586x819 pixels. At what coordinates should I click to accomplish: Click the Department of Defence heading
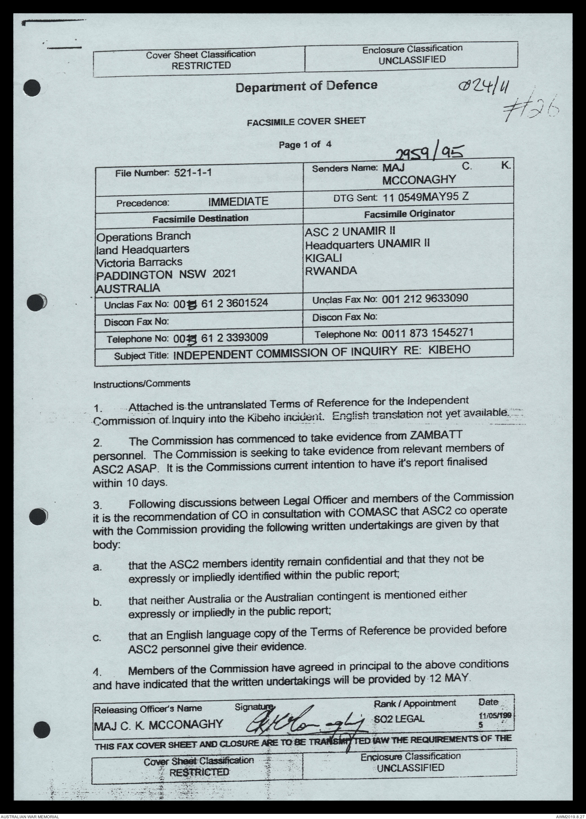[306, 86]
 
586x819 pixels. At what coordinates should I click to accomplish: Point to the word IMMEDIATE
[238, 201]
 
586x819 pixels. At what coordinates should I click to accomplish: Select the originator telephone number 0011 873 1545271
[427, 333]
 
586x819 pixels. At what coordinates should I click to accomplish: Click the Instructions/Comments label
[141, 383]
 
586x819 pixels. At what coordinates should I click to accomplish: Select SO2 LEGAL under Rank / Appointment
[399, 718]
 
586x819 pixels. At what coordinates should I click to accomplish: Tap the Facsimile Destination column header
[201, 218]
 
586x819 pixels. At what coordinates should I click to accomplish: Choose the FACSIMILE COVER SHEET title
[306, 121]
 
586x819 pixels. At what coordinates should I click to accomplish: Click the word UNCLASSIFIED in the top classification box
[412, 60]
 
